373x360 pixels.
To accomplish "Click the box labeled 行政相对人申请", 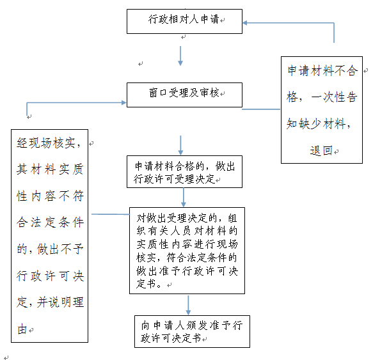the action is point(184,21).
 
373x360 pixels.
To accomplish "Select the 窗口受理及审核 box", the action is point(184,95).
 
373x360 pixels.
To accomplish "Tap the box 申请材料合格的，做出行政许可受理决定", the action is point(184,171).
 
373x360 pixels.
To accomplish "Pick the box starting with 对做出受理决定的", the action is point(187,251).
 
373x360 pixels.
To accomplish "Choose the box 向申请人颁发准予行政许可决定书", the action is point(192,331).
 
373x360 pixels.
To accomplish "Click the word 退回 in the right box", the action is point(321,150).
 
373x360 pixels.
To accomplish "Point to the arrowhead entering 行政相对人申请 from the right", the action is point(245,23).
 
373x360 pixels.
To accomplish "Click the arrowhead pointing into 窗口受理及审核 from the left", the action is point(124,102).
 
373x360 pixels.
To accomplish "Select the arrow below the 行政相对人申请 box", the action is point(180,56).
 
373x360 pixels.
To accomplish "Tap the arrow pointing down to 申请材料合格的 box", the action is point(180,145).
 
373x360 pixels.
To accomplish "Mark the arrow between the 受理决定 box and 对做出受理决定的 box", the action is point(184,198).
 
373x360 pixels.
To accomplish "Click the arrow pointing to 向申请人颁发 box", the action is point(188,305).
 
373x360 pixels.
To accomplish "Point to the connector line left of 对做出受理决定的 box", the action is point(111,214).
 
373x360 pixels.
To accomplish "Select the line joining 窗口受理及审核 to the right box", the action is point(261,109).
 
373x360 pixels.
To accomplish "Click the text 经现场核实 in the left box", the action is point(46,143).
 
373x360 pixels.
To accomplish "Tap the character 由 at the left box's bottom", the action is point(22,329).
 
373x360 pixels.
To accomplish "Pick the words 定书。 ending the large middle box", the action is point(149,284).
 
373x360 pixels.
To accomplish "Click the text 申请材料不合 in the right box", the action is point(322,70).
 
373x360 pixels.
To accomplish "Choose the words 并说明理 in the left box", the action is point(60,302).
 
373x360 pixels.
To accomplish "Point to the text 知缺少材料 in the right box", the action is point(316,123).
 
